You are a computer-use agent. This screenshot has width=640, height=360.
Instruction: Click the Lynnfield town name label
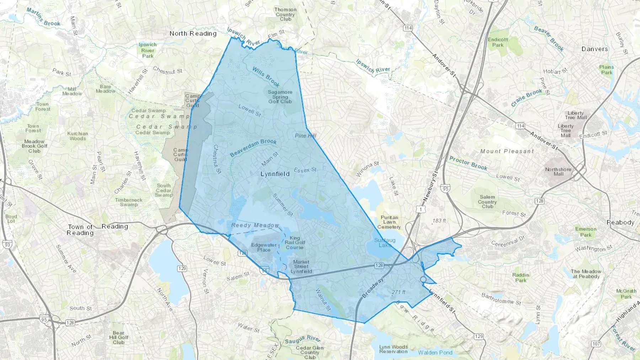click(x=275, y=174)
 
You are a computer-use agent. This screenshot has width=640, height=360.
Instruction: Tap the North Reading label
click(x=193, y=33)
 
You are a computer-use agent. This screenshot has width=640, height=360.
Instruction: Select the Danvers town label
click(x=594, y=49)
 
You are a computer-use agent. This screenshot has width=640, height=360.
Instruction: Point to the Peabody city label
click(x=620, y=222)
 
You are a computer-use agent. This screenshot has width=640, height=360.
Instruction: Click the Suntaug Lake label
click(x=385, y=243)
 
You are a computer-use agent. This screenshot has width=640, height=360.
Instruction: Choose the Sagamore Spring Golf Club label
click(x=280, y=97)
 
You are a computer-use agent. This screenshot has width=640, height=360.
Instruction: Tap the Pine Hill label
click(x=305, y=136)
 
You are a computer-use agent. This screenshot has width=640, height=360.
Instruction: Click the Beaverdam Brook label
click(x=253, y=147)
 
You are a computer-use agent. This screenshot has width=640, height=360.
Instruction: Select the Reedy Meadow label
click(x=255, y=225)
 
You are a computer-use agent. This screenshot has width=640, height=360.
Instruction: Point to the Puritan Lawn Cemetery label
click(x=389, y=222)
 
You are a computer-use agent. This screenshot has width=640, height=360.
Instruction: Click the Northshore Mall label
click(x=558, y=172)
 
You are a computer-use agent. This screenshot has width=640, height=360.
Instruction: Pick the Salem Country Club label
click(x=487, y=202)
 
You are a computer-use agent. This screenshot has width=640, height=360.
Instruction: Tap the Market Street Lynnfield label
click(x=301, y=267)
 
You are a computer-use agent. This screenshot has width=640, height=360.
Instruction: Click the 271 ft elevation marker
click(x=398, y=292)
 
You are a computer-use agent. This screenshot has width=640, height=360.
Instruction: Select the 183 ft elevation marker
click(x=439, y=221)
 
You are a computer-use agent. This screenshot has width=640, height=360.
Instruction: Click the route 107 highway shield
click(x=596, y=344)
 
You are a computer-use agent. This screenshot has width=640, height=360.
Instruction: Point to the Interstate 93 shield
click(x=6, y=245)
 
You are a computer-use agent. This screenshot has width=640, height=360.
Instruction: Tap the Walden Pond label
click(x=435, y=353)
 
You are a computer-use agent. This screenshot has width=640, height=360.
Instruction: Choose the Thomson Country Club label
click(x=285, y=14)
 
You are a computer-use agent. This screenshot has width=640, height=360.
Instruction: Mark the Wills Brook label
click(x=266, y=76)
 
